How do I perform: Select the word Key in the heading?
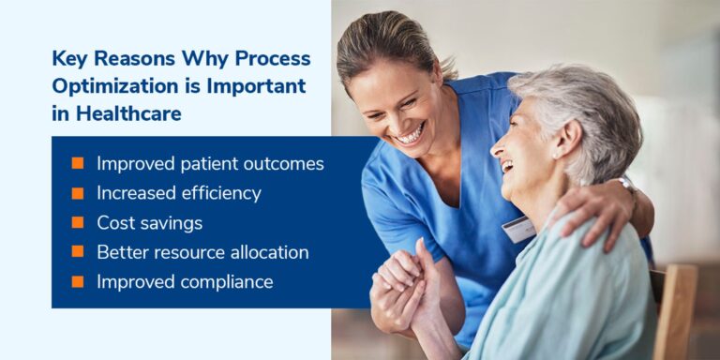(68, 58)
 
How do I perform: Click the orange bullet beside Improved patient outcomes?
(78, 164)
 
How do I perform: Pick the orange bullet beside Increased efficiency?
(78, 194)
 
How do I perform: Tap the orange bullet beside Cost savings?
(78, 223)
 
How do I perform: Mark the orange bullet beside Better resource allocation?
(78, 252)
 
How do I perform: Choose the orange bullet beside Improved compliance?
(78, 282)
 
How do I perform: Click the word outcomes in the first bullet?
(282, 164)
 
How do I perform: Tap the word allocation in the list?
(270, 253)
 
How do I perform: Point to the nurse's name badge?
(518, 228)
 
